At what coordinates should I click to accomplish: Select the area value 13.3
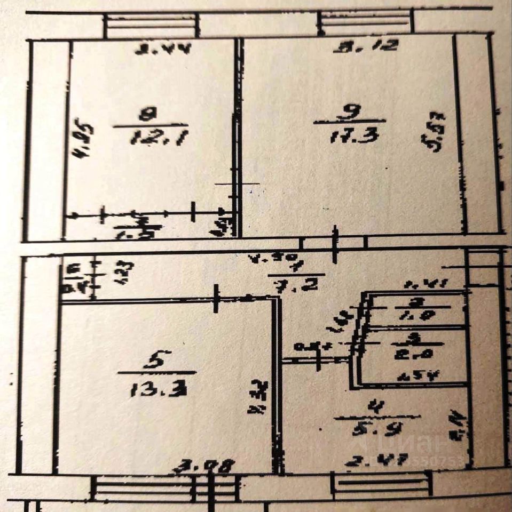[157, 390]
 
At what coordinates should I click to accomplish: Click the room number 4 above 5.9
[376, 409]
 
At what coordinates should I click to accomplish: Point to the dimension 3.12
[366, 46]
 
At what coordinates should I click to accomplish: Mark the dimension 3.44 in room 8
[162, 50]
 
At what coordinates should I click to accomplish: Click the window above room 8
[151, 25]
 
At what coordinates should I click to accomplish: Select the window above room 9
[366, 23]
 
